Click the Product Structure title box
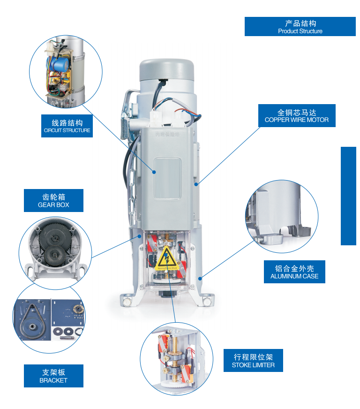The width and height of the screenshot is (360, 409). pyautogui.click(x=300, y=27)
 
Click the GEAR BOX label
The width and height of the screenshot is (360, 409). pyautogui.click(x=53, y=201)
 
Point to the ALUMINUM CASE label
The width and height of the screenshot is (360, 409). pyautogui.click(x=294, y=272)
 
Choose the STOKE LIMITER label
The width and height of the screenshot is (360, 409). pyautogui.click(x=253, y=361)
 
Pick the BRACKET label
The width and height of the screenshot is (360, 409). pyautogui.click(x=53, y=376)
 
